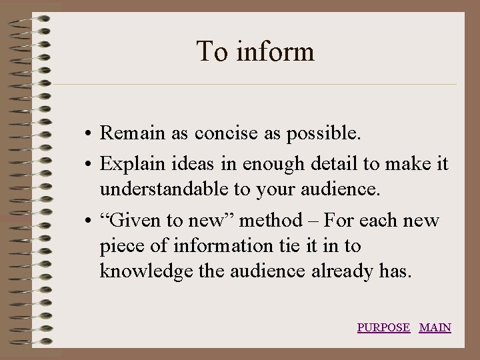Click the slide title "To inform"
click(x=255, y=51)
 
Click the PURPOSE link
click(x=383, y=327)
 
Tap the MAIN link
click(x=435, y=327)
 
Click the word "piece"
click(x=121, y=247)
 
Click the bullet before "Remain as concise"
click(x=89, y=134)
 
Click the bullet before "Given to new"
click(x=89, y=220)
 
